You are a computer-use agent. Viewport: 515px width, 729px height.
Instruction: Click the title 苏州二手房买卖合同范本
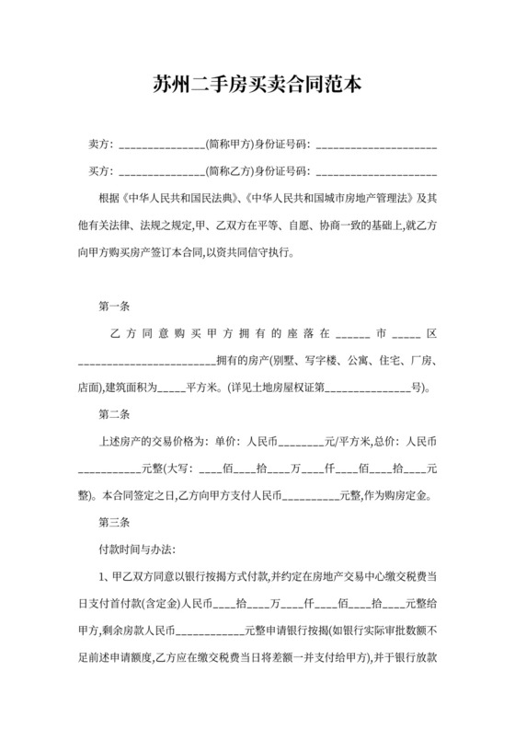coord(257,86)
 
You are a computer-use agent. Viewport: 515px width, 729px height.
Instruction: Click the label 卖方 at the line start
coord(99,145)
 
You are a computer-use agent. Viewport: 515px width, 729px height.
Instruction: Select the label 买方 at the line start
coord(99,170)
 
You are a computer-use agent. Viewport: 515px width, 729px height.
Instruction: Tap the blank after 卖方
coord(162,146)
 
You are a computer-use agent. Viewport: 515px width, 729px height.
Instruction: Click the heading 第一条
coord(113,306)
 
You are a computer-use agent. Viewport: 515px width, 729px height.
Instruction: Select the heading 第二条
coord(113,414)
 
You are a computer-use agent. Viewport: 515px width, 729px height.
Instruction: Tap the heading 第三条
coord(113,523)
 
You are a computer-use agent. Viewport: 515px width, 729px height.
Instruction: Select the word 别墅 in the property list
coord(281,360)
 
